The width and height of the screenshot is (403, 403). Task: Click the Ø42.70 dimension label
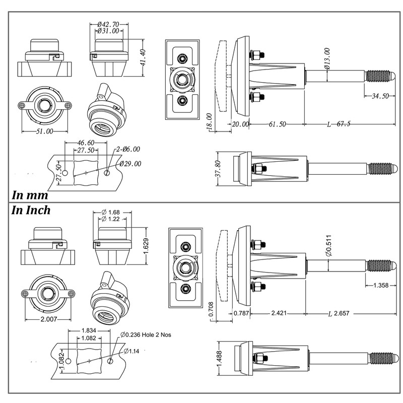[x=108, y=24]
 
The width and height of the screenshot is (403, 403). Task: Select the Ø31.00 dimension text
[x=108, y=31]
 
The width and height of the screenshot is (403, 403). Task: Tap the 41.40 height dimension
[x=143, y=58]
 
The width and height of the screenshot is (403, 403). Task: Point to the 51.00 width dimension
[x=44, y=131]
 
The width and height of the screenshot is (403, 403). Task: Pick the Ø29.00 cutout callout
[x=130, y=164]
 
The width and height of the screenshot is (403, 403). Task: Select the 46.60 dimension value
[x=86, y=143]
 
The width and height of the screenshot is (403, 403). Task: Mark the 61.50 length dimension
[x=277, y=124]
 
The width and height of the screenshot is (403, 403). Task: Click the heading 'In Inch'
[x=31, y=210]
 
